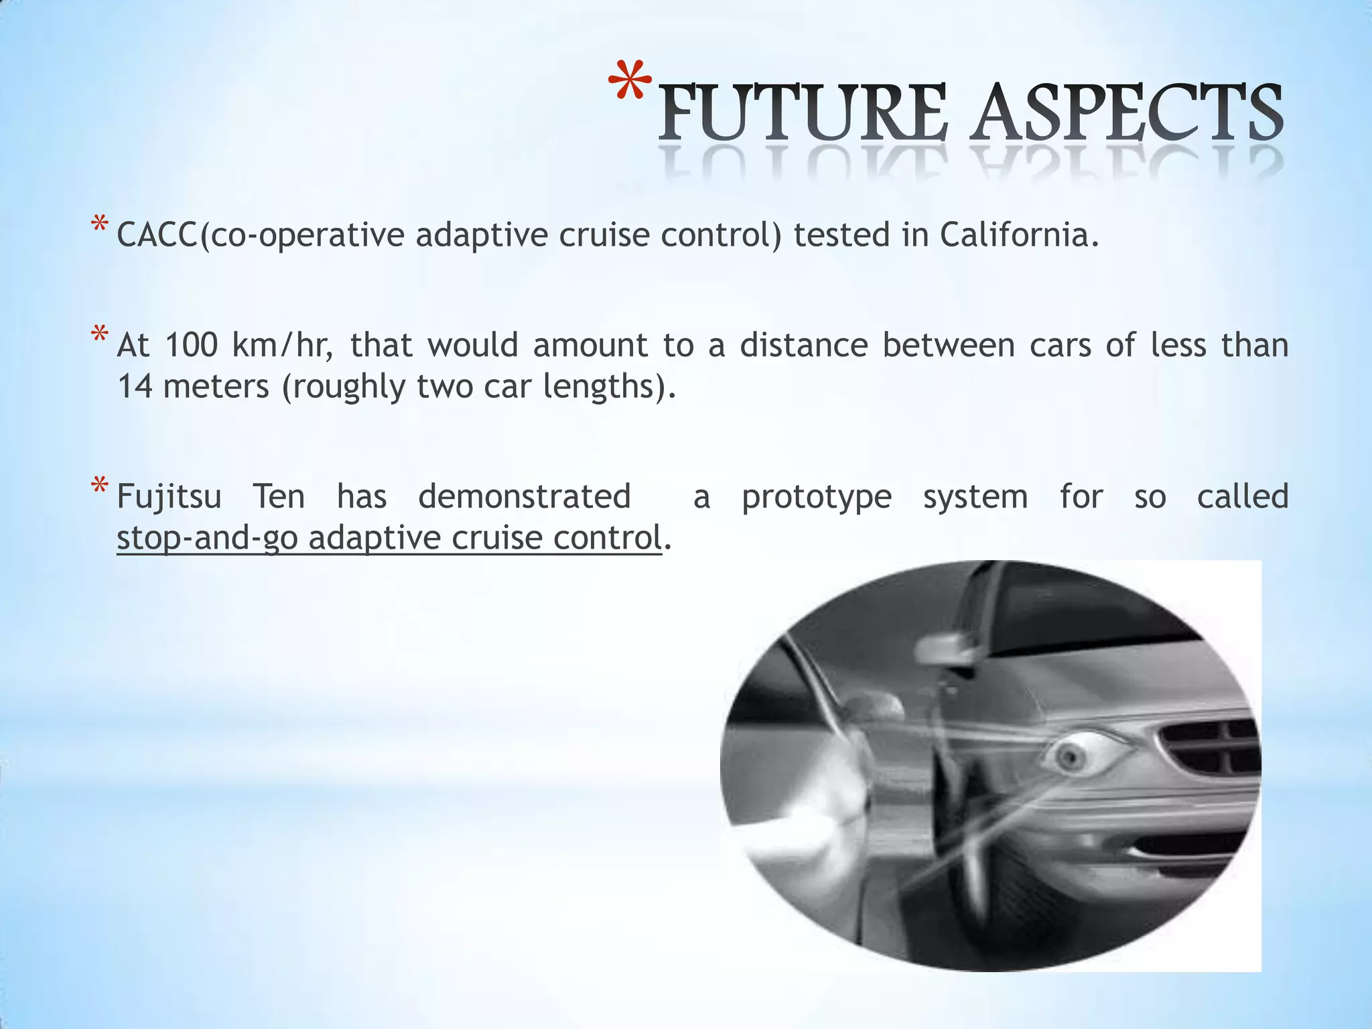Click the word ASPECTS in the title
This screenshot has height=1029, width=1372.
pyautogui.click(x=1128, y=112)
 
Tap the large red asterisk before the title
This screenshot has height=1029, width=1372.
pyautogui.click(x=630, y=83)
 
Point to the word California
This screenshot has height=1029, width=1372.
pyautogui.click(x=1018, y=235)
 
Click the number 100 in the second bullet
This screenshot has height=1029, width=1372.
pyautogui.click(x=191, y=346)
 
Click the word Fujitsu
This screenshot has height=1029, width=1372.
pyautogui.click(x=169, y=497)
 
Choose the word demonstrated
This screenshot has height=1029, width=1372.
pyautogui.click(x=525, y=497)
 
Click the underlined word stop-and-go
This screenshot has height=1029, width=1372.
pyautogui.click(x=207, y=539)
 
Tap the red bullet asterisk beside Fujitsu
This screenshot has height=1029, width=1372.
pyautogui.click(x=100, y=486)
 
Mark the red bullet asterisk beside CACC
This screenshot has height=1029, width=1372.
pyautogui.click(x=100, y=224)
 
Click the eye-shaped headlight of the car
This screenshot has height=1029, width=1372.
pyautogui.click(x=1073, y=756)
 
